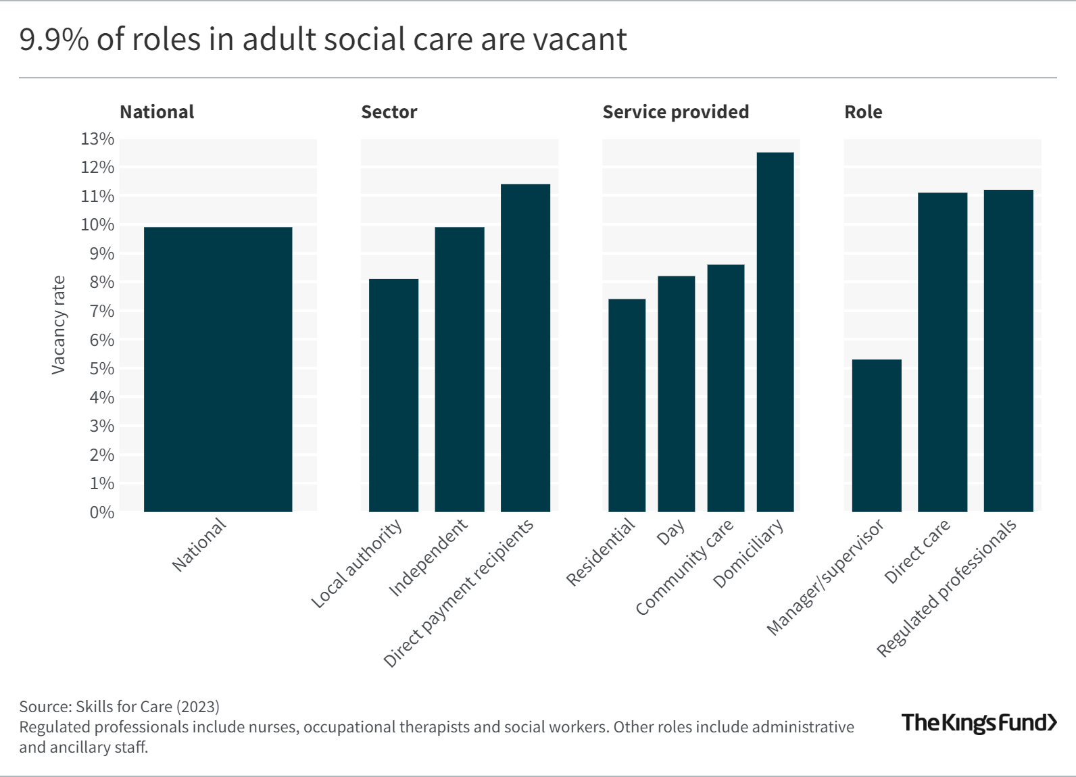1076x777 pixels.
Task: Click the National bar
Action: pyautogui.click(x=218, y=370)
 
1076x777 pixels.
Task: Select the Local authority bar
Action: pyautogui.click(x=393, y=395)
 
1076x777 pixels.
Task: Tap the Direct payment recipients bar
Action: pyautogui.click(x=525, y=348)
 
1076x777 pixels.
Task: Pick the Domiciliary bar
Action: pyautogui.click(x=775, y=332)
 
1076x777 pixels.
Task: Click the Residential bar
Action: pyautogui.click(x=627, y=405)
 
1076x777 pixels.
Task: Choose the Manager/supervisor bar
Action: pyautogui.click(x=877, y=436)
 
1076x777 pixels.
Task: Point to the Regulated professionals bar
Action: pyautogui.click(x=1008, y=351)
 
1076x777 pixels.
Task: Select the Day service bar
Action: pyautogui.click(x=676, y=394)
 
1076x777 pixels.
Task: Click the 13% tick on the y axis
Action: pyautogui.click(x=98, y=139)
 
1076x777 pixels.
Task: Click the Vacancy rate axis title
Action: pyautogui.click(x=59, y=325)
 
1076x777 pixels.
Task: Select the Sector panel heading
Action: pyautogui.click(x=389, y=112)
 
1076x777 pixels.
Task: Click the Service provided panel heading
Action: pyautogui.click(x=675, y=112)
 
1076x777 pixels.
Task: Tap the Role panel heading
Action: pyautogui.click(x=863, y=112)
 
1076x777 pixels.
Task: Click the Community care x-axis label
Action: pyautogui.click(x=684, y=568)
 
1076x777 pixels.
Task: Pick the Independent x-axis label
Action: pyautogui.click(x=428, y=558)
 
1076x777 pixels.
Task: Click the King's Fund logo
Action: pyautogui.click(x=979, y=722)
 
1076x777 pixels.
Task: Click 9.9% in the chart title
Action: pyautogui.click(x=54, y=39)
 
